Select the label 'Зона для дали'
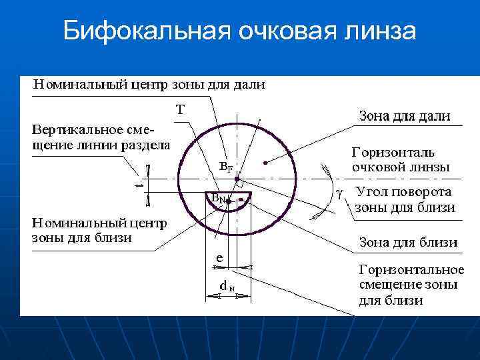click(x=405, y=116)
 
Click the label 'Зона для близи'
click(x=409, y=242)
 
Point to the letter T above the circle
click(x=180, y=109)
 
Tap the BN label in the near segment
click(x=217, y=198)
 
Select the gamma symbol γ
click(x=339, y=194)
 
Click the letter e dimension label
click(x=219, y=257)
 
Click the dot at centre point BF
click(x=237, y=161)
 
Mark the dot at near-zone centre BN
click(x=228, y=200)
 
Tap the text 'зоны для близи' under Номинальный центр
click(x=82, y=237)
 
